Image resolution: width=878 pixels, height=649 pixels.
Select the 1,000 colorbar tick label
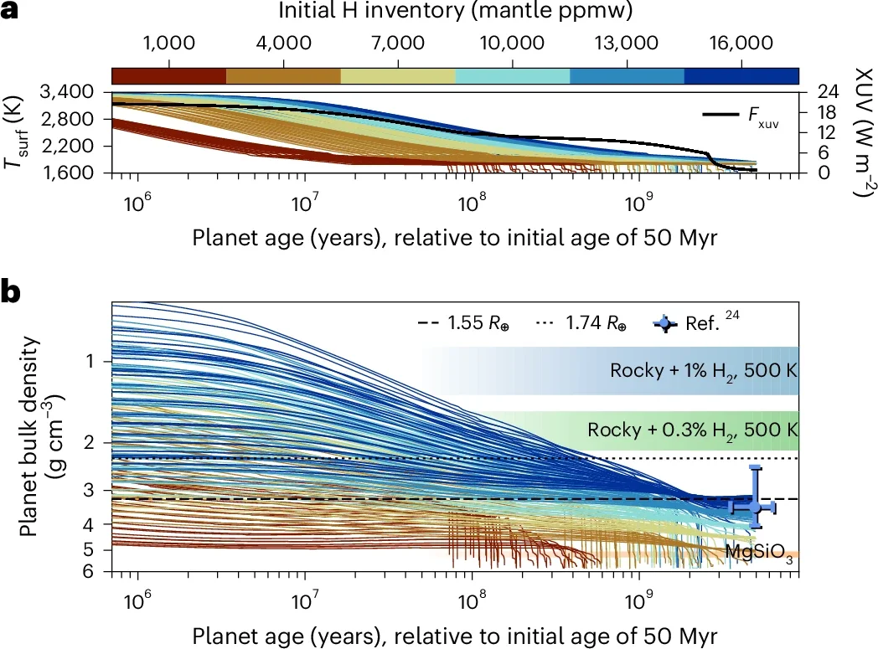coord(170,43)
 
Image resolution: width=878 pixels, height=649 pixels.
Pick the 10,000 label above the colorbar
coord(514,43)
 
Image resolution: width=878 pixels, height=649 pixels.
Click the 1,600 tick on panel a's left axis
coord(80,173)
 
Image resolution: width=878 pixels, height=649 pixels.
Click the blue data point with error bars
coord(755,507)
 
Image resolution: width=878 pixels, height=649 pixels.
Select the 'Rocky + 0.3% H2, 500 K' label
coord(690,430)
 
